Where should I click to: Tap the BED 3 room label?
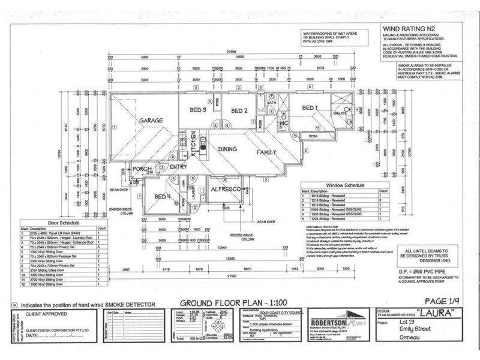(199, 110)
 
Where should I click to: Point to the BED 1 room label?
(310, 108)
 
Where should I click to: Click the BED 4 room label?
(163, 197)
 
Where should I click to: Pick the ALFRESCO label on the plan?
(226, 189)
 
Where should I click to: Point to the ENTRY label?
(179, 167)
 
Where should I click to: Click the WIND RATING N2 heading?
(405, 28)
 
